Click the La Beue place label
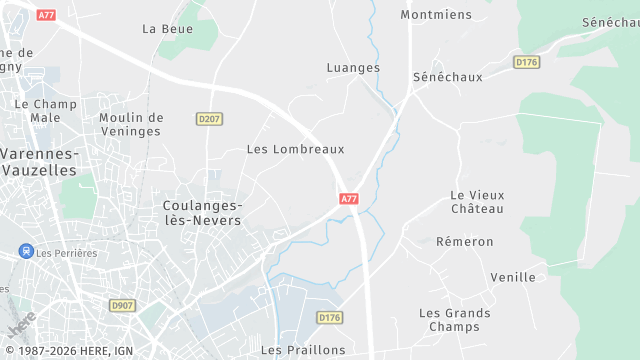coord(167,29)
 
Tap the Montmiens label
coord(435,15)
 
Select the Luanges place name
coord(353,68)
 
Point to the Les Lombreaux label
coord(295,149)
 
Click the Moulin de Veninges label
coord(130,124)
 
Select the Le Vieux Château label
coord(477,202)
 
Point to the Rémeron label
coord(464,242)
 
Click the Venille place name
coord(513,277)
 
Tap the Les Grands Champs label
coord(454,320)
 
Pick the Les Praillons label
coord(303,350)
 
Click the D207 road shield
coord(208,119)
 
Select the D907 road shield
coord(123,305)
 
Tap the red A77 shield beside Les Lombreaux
coord(348,199)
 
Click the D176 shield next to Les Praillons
coord(329,317)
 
